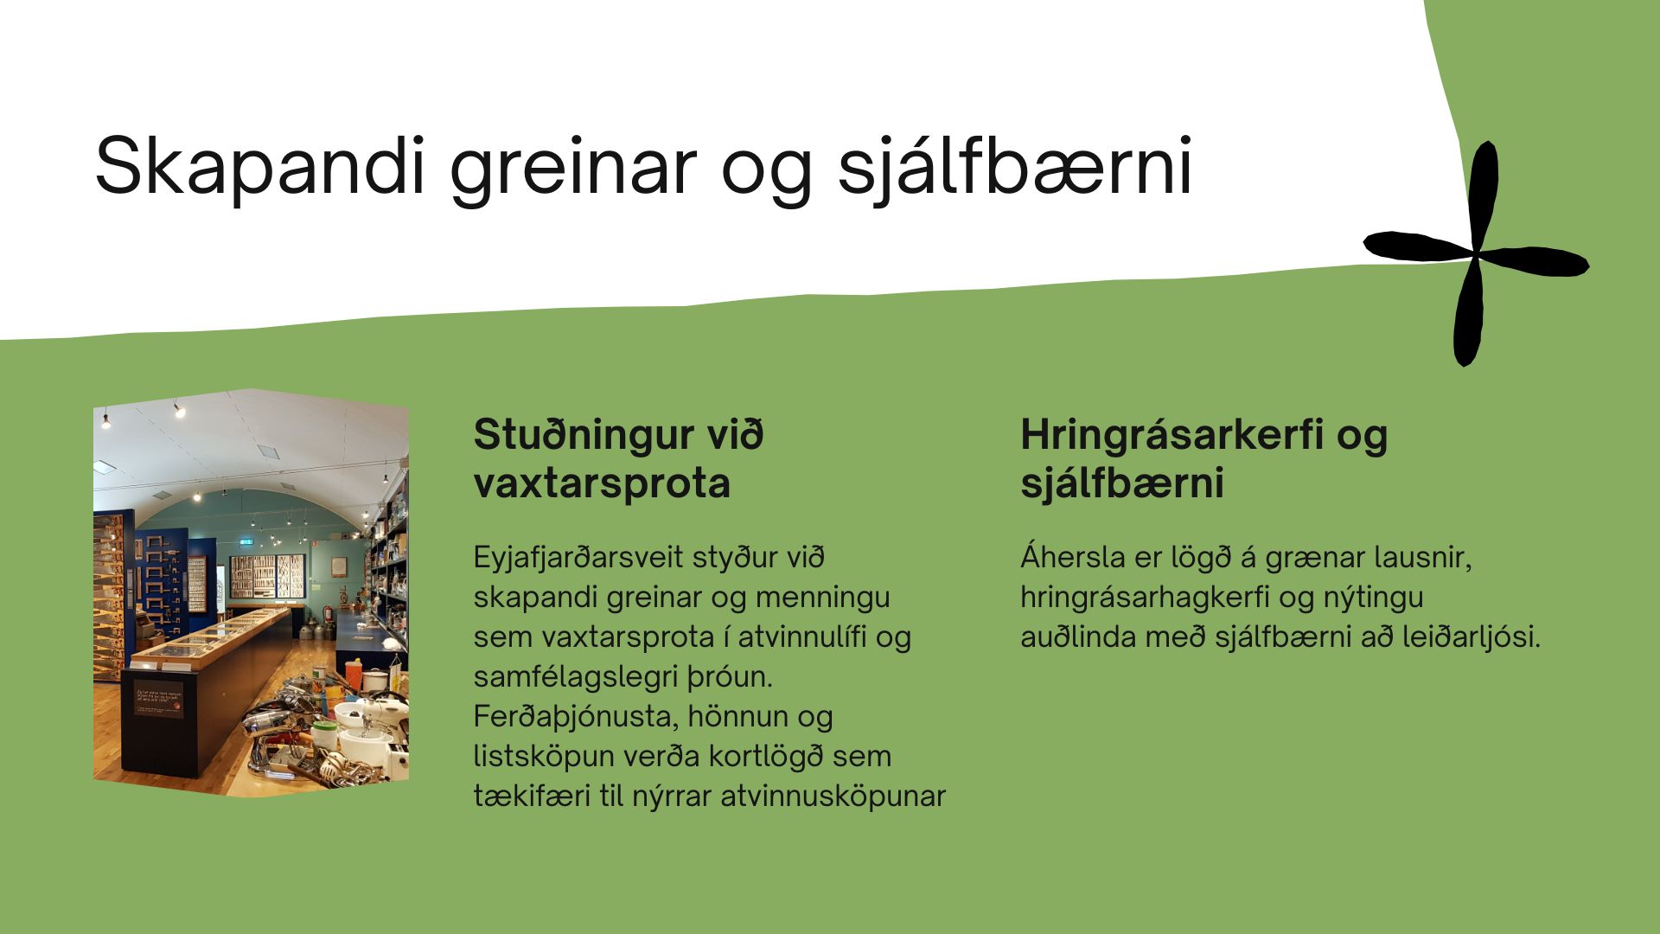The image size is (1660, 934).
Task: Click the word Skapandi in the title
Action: [x=260, y=167]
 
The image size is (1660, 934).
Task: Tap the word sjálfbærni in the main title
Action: [x=1015, y=165]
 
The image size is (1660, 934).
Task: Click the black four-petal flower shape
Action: [x=1477, y=253]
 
